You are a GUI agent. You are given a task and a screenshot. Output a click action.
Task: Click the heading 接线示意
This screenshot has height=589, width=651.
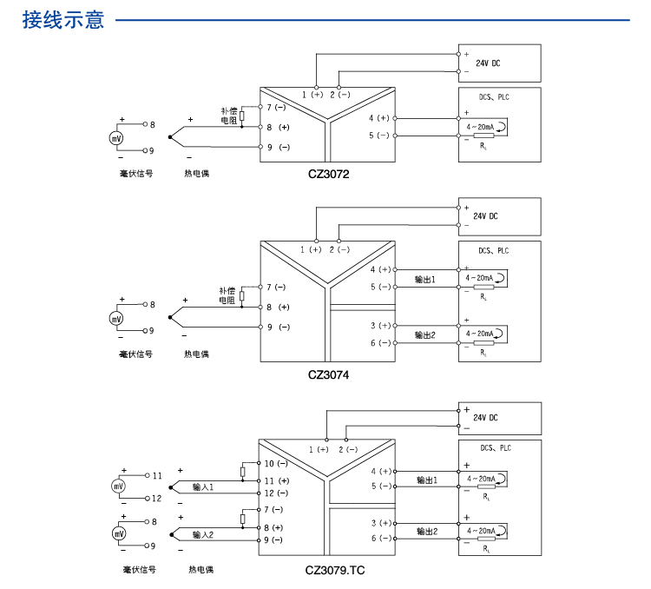tap(63, 19)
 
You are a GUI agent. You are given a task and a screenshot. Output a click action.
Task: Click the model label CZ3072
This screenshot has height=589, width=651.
tap(328, 174)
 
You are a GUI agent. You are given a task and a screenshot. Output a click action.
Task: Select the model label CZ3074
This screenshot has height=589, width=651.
tap(328, 375)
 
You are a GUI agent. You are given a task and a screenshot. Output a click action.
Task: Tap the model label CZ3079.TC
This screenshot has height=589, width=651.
tap(335, 570)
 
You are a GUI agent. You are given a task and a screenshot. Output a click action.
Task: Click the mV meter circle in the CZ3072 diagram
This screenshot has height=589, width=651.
tap(116, 138)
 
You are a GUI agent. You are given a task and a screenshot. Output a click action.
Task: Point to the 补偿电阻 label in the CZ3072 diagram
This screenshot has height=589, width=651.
tap(229, 116)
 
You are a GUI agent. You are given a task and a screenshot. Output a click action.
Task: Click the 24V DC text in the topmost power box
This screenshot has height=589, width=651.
tap(488, 63)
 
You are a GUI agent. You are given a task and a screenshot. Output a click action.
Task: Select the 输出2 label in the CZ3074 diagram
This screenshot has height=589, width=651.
tap(424, 335)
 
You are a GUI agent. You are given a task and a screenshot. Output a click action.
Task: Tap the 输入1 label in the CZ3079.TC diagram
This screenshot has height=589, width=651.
tap(202, 486)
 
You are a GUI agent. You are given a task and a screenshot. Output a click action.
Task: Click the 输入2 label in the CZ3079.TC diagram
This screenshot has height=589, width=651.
tap(202, 534)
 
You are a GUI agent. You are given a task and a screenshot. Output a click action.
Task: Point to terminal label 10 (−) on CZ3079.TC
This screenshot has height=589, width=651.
tap(276, 464)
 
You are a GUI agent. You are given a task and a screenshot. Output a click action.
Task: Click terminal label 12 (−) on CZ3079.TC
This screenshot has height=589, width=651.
tap(276, 493)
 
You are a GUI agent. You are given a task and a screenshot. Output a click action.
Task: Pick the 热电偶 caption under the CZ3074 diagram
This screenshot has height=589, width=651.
tap(196, 354)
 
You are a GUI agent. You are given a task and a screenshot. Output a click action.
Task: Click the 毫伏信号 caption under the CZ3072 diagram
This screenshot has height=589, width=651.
tap(136, 174)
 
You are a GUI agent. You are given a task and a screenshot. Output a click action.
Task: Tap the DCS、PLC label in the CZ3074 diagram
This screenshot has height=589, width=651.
tap(493, 251)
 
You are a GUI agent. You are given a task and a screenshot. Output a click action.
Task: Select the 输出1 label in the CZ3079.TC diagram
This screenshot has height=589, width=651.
tap(427, 480)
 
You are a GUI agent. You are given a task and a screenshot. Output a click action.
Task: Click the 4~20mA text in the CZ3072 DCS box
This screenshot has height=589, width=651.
tap(480, 127)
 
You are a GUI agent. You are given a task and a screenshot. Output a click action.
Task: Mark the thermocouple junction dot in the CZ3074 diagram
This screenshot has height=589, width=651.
tap(170, 317)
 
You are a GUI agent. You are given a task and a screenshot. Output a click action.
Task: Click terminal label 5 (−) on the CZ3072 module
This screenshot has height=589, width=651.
tap(379, 136)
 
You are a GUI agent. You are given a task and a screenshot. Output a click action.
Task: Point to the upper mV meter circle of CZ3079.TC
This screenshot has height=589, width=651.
tap(118, 486)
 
